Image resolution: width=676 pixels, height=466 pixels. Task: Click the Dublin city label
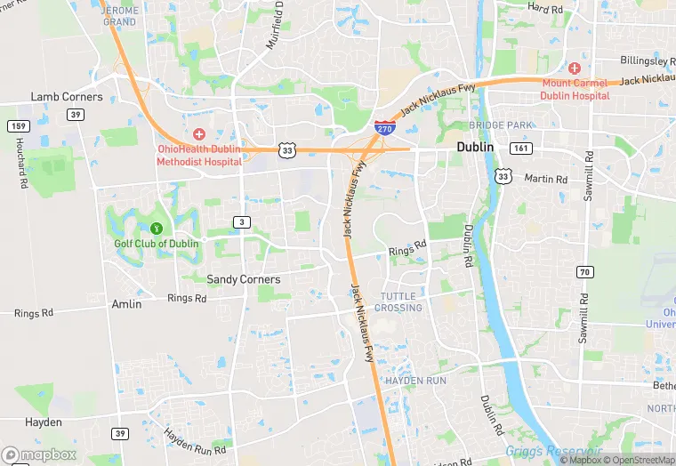(x=474, y=147)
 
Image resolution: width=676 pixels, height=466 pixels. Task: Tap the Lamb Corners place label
(x=67, y=97)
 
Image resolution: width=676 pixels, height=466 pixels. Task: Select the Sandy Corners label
(x=243, y=279)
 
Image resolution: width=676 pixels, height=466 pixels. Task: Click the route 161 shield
(x=520, y=148)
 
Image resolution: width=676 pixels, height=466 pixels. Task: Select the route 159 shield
(x=17, y=125)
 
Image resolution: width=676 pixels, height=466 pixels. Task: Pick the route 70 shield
(x=584, y=271)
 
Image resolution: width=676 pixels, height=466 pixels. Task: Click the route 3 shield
(x=241, y=221)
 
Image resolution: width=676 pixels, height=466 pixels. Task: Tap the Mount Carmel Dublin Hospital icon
(x=575, y=68)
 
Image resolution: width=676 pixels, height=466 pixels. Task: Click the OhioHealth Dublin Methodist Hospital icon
(x=198, y=133)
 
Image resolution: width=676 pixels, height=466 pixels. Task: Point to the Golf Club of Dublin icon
(x=157, y=229)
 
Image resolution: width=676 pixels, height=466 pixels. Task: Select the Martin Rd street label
(x=545, y=179)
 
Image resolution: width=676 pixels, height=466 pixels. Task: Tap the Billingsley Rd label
(x=648, y=61)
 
